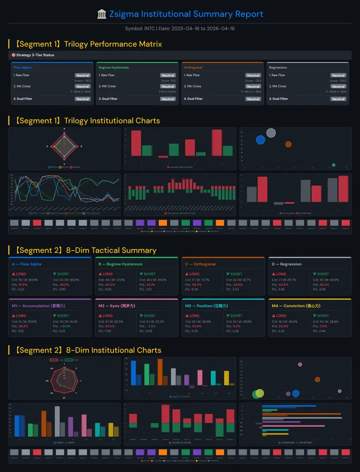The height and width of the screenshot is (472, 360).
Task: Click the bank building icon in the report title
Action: click(102, 14)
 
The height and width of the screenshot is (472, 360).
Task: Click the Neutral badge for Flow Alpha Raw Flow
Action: click(82, 75)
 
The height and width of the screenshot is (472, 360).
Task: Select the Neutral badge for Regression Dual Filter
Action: click(338, 99)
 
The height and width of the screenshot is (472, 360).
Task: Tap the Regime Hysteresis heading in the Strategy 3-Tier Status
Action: click(113, 68)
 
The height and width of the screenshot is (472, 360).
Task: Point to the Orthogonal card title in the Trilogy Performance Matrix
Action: click(193, 68)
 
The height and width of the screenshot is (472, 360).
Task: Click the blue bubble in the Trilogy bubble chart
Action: click(260, 140)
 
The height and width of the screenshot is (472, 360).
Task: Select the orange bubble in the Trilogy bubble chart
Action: click(288, 144)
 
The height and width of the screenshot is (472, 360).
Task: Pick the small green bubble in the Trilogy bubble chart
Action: click(333, 165)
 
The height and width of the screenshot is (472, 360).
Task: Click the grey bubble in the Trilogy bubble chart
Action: click(271, 133)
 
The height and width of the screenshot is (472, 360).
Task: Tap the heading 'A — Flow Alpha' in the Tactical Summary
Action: click(27, 264)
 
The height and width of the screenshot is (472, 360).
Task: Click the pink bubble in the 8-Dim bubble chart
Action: click(300, 364)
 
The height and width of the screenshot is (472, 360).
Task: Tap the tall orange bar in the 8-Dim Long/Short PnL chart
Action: click(160, 372)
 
